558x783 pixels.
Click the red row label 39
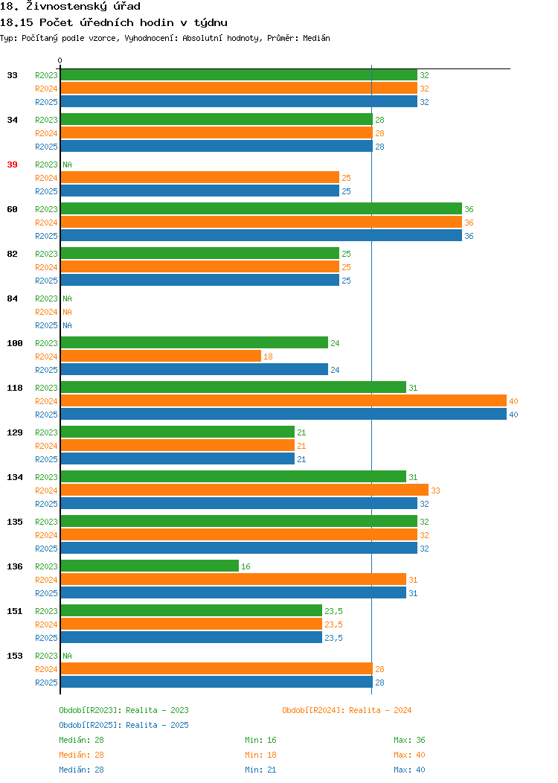click(12, 164)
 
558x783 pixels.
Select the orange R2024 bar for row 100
click(161, 356)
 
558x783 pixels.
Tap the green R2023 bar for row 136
click(150, 566)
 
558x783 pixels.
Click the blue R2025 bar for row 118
click(283, 414)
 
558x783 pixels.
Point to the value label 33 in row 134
click(435, 490)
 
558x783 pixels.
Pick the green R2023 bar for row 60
click(261, 208)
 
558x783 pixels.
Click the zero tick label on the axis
click(60, 60)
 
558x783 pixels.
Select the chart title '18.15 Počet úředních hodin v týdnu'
click(114, 22)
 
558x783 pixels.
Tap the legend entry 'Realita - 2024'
click(347, 710)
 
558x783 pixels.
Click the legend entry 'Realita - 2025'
click(124, 725)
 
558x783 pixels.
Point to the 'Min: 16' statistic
click(260, 740)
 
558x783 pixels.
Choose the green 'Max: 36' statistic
click(409, 740)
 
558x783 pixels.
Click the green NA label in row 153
click(68, 656)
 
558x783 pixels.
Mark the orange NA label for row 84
click(68, 312)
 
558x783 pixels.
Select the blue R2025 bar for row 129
click(178, 458)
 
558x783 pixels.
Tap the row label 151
click(14, 611)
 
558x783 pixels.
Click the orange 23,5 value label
click(333, 624)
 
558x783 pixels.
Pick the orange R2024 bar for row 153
click(217, 668)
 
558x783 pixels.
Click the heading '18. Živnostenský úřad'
click(71, 6)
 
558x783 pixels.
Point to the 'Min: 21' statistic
click(260, 770)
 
